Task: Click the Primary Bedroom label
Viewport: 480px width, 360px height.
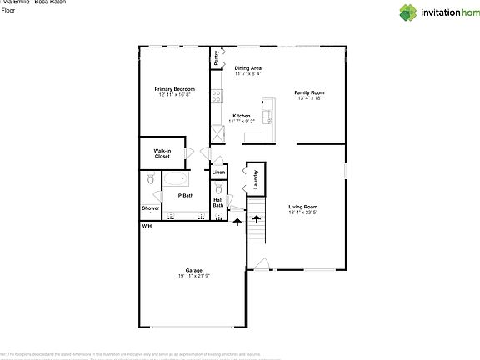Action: pos(175,89)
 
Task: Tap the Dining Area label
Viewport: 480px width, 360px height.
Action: pos(247,68)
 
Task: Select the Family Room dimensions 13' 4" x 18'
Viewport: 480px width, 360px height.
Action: pos(308,98)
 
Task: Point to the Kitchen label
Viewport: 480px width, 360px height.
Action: pos(242,116)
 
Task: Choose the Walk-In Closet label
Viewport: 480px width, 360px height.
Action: pos(162,153)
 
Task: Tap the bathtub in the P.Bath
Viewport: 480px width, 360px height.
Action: pos(175,179)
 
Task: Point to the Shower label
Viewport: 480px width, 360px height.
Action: pos(150,208)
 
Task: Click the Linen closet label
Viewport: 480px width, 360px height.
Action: pos(218,172)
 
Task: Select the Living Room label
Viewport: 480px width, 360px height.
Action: pos(303,207)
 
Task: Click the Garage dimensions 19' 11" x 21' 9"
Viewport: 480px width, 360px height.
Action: pos(193,276)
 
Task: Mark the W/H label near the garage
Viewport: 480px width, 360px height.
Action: pos(146,226)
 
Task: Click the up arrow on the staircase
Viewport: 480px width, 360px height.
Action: pos(257,221)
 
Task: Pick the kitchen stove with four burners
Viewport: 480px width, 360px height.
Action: pos(215,95)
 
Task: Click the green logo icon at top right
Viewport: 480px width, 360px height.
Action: pos(408,12)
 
